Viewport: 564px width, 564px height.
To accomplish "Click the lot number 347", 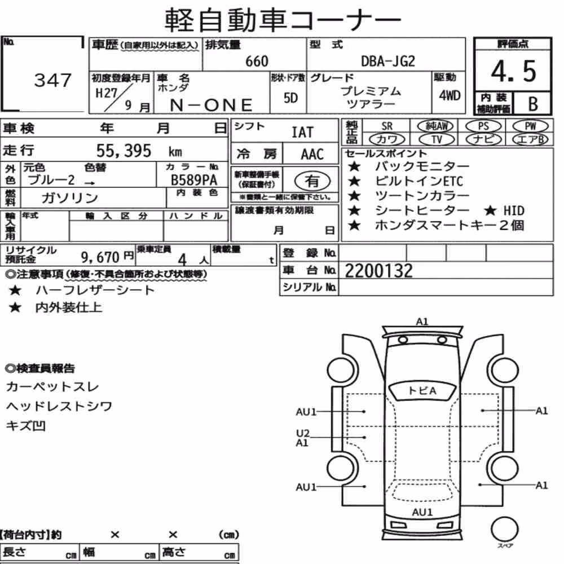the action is pyautogui.click(x=53, y=80).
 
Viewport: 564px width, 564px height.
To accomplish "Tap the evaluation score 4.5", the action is pyautogui.click(x=513, y=71).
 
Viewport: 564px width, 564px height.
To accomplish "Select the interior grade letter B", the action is pyautogui.click(x=533, y=104).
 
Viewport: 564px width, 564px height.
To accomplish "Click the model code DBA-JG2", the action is pyautogui.click(x=388, y=61).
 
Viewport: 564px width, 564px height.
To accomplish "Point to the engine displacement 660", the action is pyautogui.click(x=257, y=61).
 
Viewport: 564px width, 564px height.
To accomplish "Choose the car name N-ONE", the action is pyautogui.click(x=211, y=105).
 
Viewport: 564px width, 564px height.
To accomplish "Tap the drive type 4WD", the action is pyautogui.click(x=450, y=95).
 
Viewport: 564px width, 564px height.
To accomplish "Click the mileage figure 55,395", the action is pyautogui.click(x=124, y=151).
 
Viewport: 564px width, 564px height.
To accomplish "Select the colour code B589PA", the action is pyautogui.click(x=194, y=180).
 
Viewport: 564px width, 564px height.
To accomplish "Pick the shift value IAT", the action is pyautogui.click(x=302, y=133).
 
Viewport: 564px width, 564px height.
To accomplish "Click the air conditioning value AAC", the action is pyautogui.click(x=312, y=155).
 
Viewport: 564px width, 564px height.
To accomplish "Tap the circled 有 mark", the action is pyautogui.click(x=312, y=181).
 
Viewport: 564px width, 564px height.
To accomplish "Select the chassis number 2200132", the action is pyautogui.click(x=379, y=271).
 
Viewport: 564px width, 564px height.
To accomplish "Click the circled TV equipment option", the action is pyautogui.click(x=437, y=139).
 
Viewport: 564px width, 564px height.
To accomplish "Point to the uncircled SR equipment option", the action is pyautogui.click(x=387, y=126).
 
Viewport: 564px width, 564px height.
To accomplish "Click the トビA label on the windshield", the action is pyautogui.click(x=422, y=391).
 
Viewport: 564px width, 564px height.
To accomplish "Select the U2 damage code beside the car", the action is pyautogui.click(x=302, y=433).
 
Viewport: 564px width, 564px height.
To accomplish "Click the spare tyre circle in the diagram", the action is pyautogui.click(x=505, y=529).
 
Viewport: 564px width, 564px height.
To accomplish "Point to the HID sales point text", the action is pyautogui.click(x=514, y=210).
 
